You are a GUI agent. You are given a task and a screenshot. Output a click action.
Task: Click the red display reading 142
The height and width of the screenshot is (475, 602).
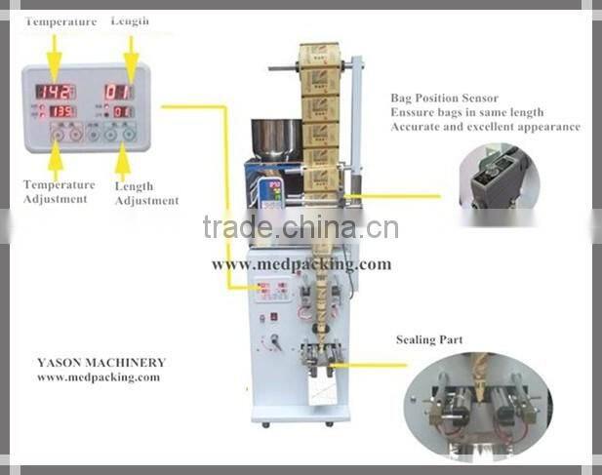coord(55,91)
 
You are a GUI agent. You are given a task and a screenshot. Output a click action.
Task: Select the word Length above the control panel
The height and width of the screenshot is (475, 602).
coord(130,20)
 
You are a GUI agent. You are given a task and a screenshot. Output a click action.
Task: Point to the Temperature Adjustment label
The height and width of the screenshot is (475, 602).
coord(59,191)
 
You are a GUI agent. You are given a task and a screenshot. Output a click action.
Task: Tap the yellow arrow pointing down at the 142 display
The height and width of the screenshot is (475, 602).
coord(55,54)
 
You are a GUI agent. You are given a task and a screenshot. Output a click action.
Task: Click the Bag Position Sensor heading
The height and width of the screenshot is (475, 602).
coord(444,99)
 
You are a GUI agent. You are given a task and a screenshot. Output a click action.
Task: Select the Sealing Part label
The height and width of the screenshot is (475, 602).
coord(429,340)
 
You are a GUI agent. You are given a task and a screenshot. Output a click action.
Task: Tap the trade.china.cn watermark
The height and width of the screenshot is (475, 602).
coord(301,228)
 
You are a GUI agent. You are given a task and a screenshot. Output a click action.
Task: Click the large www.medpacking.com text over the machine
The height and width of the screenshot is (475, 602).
coord(301,264)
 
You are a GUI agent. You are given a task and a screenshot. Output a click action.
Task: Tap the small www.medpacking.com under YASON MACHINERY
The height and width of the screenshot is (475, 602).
coord(98,377)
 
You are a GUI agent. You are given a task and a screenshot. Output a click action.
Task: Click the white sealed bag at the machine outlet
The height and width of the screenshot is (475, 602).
coord(321,389)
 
